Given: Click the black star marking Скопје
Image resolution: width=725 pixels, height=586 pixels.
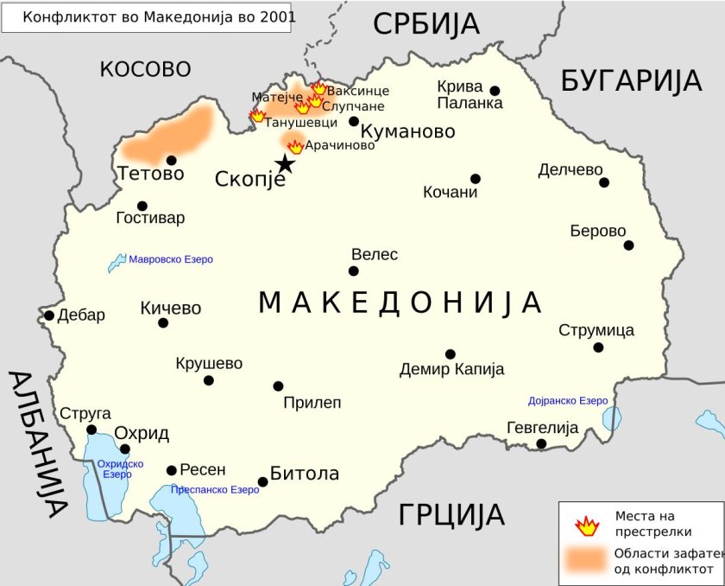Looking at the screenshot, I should coord(285,164).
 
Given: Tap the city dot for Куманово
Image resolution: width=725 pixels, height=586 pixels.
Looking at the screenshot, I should coord(354,121).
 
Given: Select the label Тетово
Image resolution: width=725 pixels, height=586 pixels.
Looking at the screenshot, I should coord(151,174).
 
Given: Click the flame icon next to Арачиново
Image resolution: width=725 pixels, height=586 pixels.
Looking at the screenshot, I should coord(296,146).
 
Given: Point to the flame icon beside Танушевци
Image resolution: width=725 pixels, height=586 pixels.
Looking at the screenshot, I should coord(257,116).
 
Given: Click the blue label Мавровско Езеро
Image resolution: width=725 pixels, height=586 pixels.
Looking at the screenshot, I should coord(170,259).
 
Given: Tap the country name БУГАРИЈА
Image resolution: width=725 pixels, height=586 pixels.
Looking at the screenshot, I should coord(631,80).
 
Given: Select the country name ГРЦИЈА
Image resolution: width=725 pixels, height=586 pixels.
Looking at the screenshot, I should coord(451,515).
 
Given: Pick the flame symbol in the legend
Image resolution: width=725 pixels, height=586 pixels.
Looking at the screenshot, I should coord(587,525).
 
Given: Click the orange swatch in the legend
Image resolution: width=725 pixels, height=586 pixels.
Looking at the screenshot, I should coord(587,560).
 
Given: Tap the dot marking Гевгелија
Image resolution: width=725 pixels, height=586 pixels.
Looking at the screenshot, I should coord(541,444).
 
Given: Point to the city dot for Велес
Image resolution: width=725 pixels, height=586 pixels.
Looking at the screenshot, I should coord(354,271).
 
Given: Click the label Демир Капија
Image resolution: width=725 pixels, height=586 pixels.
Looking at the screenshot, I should coord(451,370).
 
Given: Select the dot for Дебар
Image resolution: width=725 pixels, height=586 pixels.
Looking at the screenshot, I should coord(49,315).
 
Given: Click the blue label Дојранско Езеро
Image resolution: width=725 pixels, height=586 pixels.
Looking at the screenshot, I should coord(568,401).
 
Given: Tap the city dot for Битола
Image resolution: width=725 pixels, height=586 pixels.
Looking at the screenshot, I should coord(263,481).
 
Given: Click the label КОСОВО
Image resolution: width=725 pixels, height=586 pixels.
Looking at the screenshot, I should coord(145,69).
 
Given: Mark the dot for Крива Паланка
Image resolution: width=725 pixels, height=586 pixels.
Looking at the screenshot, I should coord(495,91).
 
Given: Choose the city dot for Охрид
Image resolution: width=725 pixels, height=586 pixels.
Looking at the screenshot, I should coord(125,449).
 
